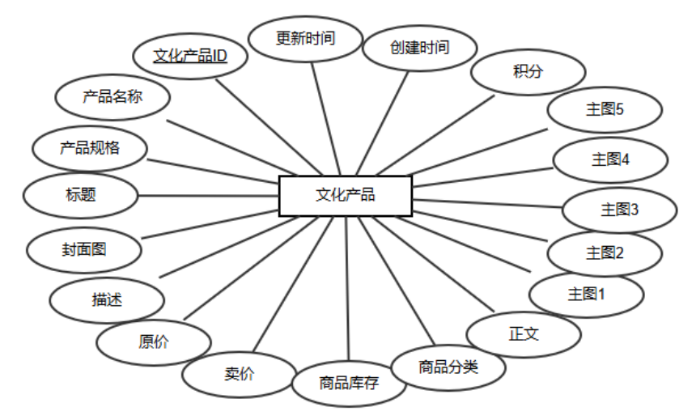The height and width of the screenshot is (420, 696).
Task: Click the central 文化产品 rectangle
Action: point(346,196)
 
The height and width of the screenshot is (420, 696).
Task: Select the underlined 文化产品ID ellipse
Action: point(191,56)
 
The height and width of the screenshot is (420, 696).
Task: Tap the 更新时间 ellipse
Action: point(305,38)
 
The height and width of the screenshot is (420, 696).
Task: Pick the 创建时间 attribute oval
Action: point(418,47)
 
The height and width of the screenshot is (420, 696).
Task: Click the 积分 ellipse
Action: point(528,71)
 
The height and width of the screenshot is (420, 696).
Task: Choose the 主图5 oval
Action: point(605,111)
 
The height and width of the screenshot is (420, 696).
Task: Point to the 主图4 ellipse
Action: point(610,159)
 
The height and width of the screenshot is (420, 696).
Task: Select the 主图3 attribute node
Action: point(619,210)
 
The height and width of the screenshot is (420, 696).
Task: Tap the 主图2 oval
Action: point(605,253)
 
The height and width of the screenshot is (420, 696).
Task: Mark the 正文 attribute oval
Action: point(524,333)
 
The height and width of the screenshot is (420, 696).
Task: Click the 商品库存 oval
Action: point(348,383)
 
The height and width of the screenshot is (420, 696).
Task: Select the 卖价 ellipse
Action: point(239,374)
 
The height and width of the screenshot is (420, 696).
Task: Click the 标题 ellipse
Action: point(81,195)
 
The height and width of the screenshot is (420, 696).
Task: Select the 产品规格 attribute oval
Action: point(89,148)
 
